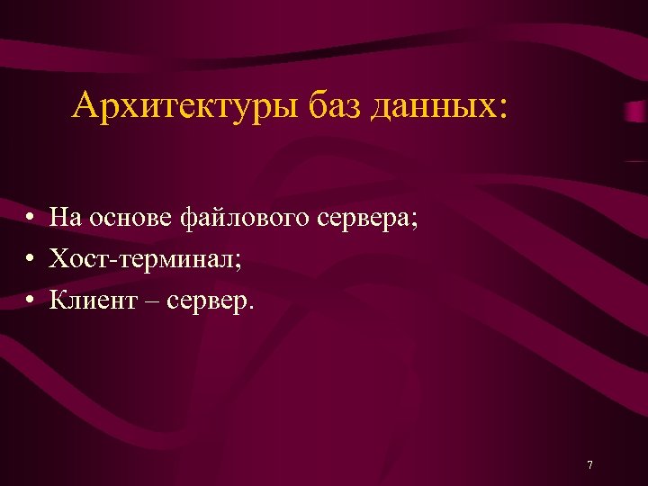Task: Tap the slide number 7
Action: click(x=589, y=464)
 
